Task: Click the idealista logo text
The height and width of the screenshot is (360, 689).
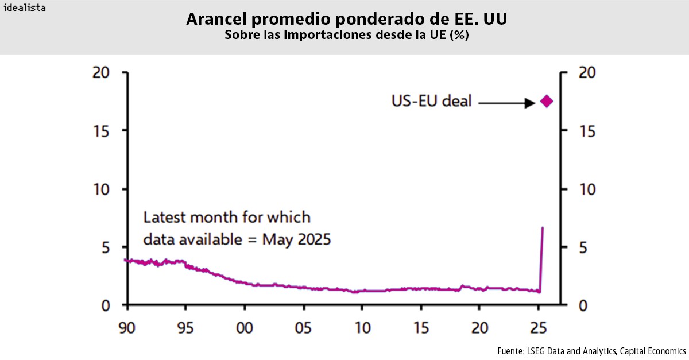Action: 25,8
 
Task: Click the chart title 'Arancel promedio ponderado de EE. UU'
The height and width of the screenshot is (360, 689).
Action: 346,20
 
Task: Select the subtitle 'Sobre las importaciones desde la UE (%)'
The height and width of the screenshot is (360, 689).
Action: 346,35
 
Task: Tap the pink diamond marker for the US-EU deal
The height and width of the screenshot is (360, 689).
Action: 546,102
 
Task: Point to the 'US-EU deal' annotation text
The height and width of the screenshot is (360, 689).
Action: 431,102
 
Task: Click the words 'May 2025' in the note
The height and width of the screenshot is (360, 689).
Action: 296,239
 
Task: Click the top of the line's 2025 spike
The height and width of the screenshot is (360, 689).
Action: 543,229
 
